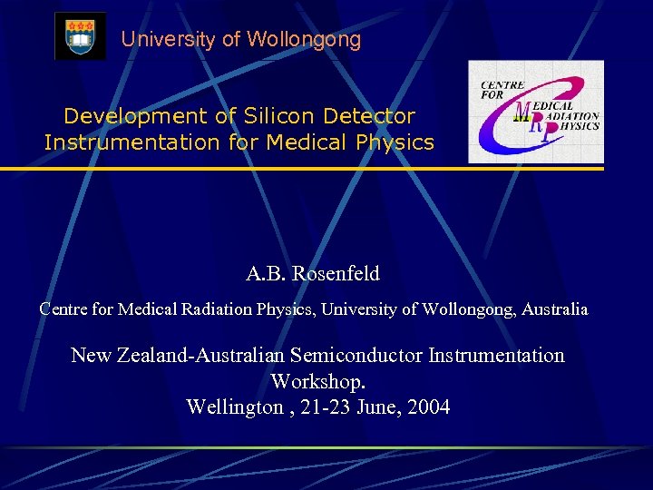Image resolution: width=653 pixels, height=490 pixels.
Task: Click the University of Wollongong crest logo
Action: pyautogui.click(x=80, y=37)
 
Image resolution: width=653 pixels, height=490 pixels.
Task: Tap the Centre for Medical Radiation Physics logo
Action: pyautogui.click(x=535, y=112)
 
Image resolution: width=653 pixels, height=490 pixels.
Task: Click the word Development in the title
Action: pyautogui.click(x=122, y=116)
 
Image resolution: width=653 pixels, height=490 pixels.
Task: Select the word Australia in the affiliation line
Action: pyautogui.click(x=553, y=309)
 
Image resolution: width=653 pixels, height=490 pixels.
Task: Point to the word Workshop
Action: pyautogui.click(x=317, y=381)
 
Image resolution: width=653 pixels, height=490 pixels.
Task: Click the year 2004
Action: pyautogui.click(x=429, y=407)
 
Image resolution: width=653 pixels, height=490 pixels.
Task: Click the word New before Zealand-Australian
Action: pyautogui.click(x=93, y=356)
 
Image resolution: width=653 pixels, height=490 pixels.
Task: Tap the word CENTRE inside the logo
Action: pyautogui.click(x=497, y=85)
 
